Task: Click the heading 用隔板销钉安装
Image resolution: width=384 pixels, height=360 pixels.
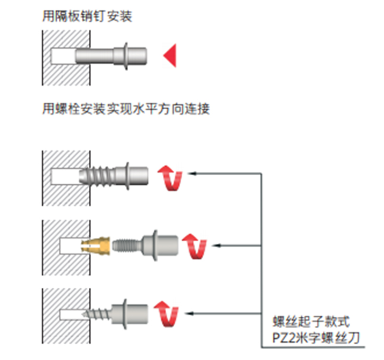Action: (87, 17)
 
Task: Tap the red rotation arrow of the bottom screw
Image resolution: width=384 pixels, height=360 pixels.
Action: (167, 314)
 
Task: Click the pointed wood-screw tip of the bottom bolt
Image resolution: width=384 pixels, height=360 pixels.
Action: (86, 314)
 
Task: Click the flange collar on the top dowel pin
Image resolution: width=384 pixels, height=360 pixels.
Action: (126, 56)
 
